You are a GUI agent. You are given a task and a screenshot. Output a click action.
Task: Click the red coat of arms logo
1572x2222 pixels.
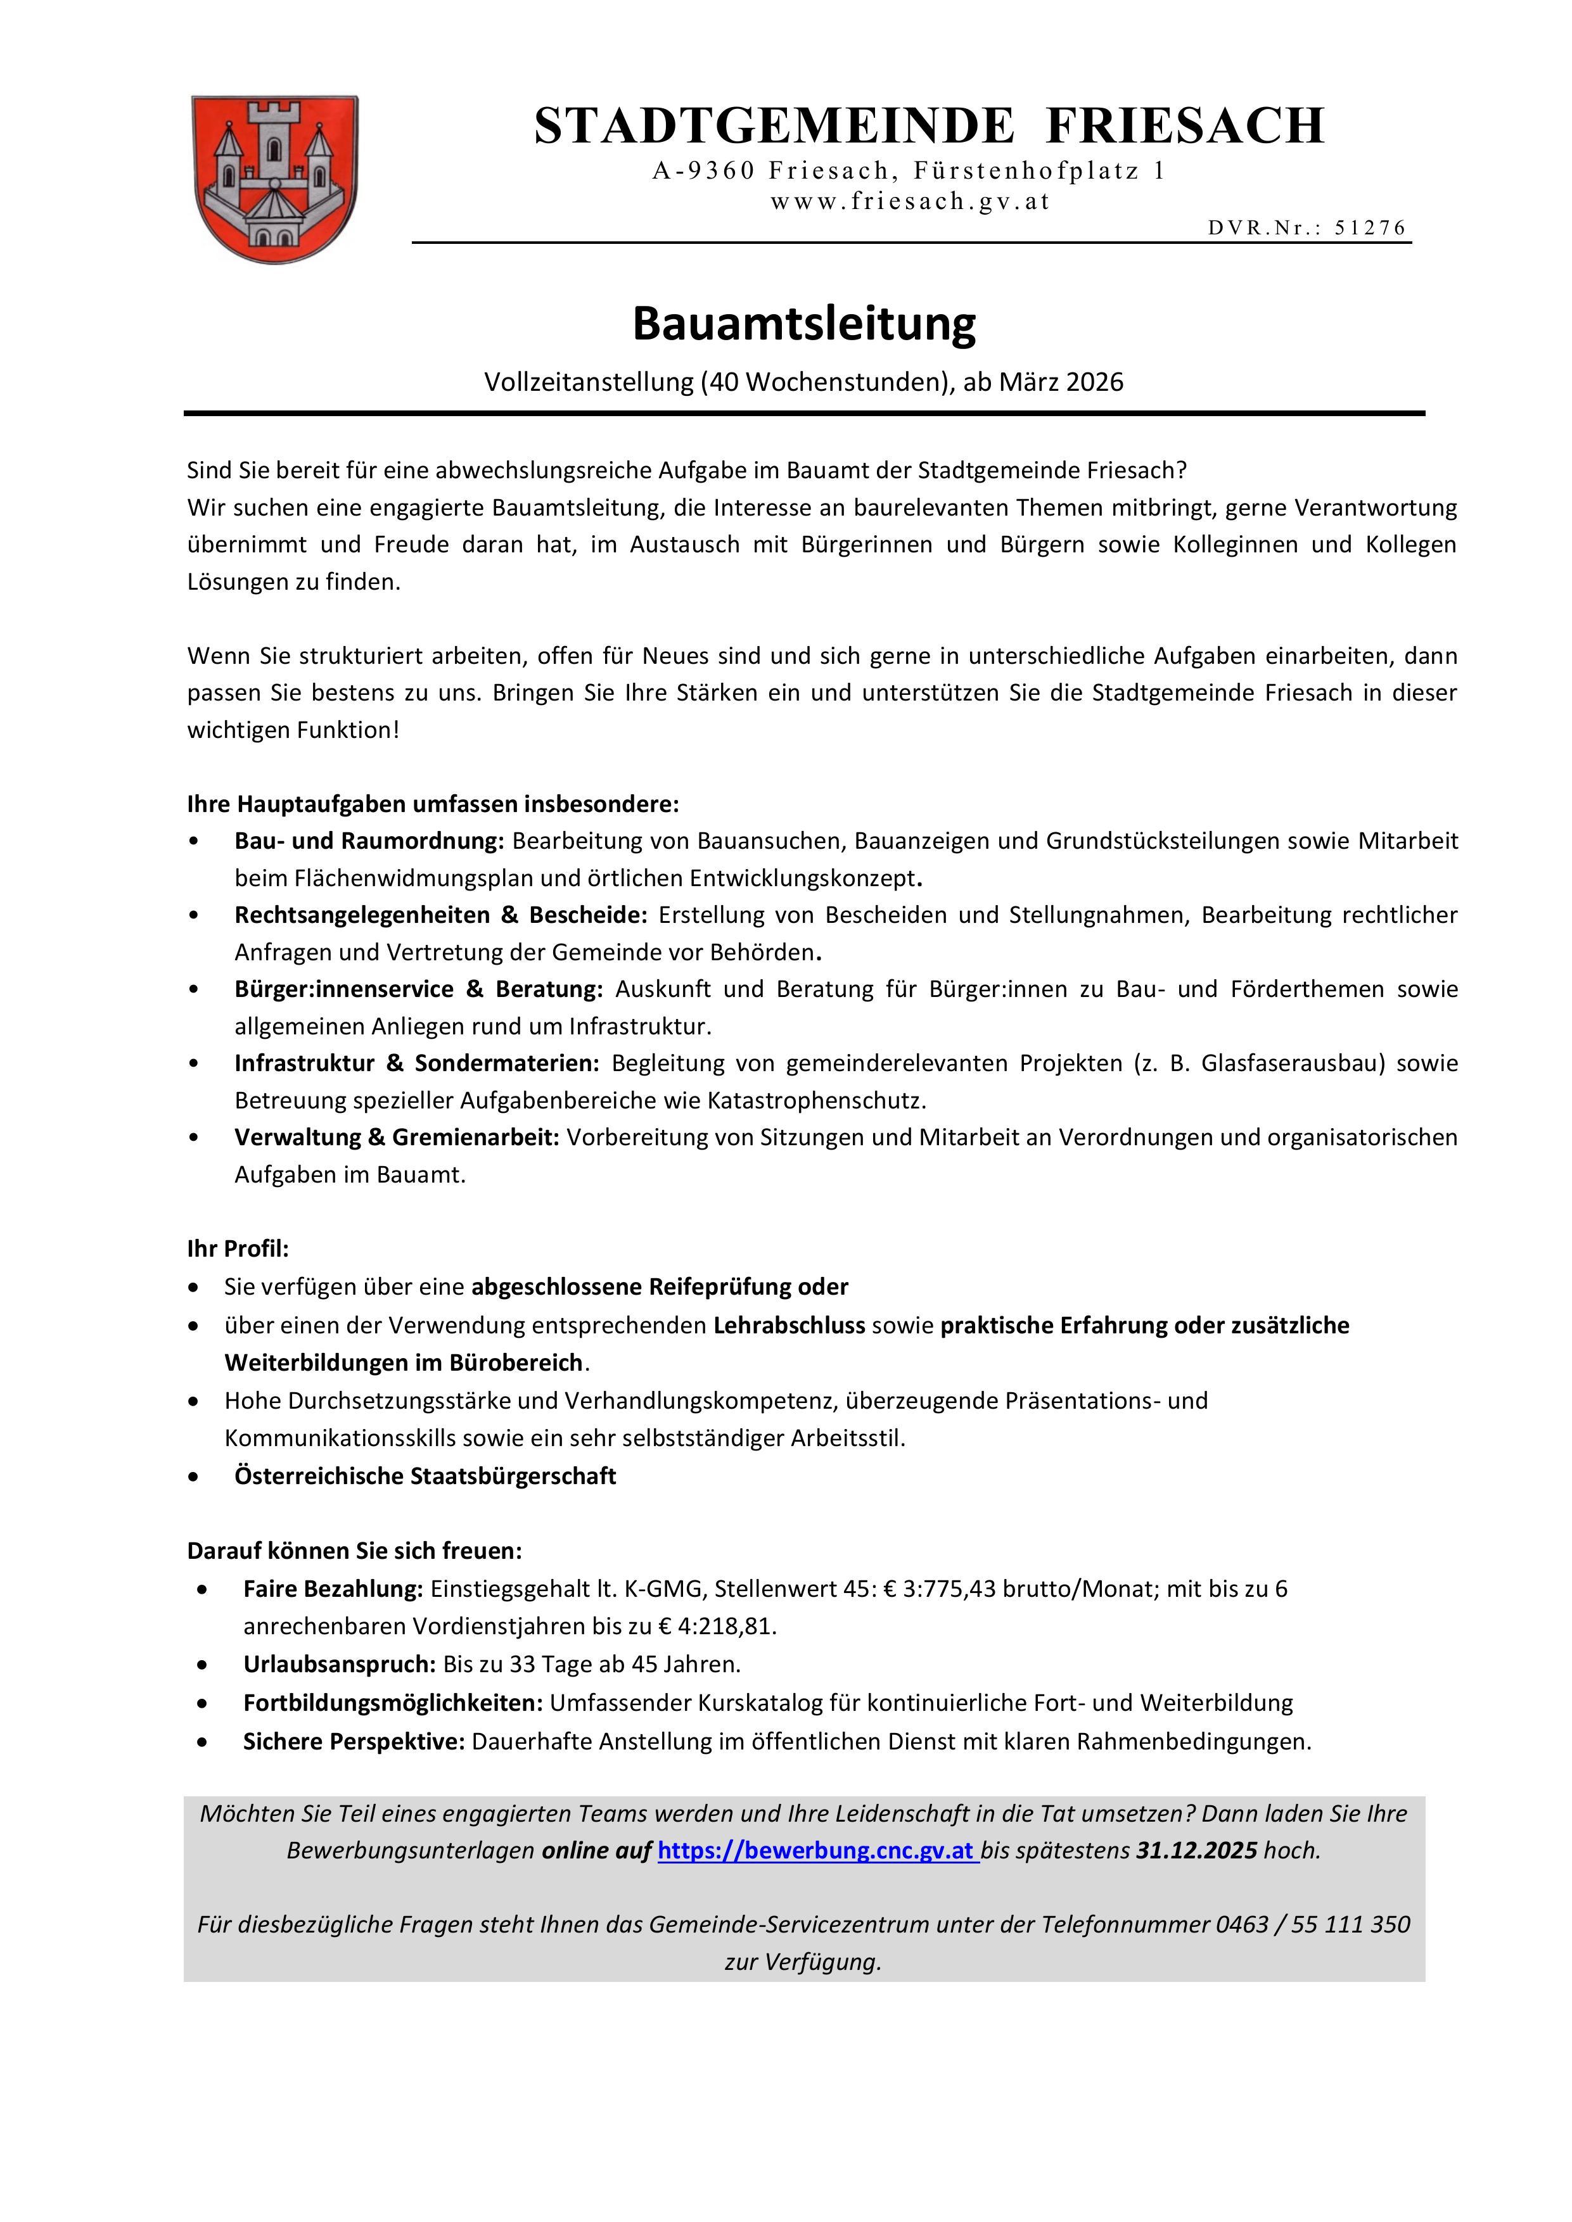pyautogui.click(x=275, y=179)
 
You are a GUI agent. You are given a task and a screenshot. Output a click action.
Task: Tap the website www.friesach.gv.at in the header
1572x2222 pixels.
pyautogui.click(x=910, y=202)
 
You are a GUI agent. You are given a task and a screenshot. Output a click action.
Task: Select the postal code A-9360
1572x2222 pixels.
pyautogui.click(x=703, y=171)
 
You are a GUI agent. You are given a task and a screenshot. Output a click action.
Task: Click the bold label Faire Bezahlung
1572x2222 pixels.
pyautogui.click(x=333, y=1589)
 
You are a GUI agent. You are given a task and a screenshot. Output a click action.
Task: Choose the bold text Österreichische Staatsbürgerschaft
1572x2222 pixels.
pyautogui.click(x=425, y=1476)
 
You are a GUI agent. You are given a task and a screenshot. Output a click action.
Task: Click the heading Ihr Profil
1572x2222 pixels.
pyautogui.click(x=238, y=1248)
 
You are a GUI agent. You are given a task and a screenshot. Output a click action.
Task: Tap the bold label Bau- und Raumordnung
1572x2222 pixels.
pyautogui.click(x=369, y=841)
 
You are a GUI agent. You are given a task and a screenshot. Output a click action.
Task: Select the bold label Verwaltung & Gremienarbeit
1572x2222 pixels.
pyautogui.click(x=397, y=1137)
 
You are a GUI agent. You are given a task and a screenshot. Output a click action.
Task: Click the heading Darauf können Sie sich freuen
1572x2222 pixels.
pyautogui.click(x=354, y=1551)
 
